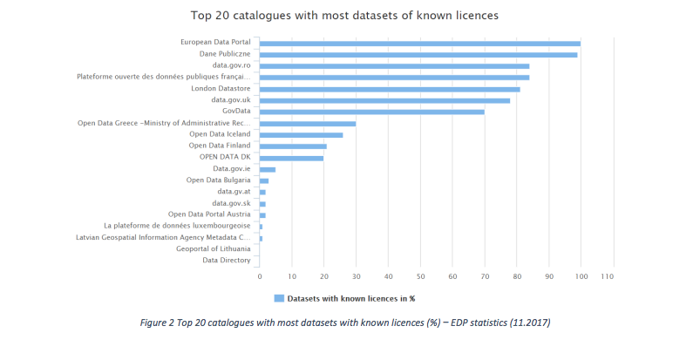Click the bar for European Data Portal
point(419,43)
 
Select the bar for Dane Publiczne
point(418,54)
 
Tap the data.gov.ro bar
point(394,65)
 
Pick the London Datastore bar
point(390,89)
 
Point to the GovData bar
point(371,112)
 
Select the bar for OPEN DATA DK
point(291,158)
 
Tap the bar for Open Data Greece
point(307,123)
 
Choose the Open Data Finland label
point(220,146)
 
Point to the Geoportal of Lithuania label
point(214,248)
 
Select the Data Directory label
point(227,260)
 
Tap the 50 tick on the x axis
point(420,276)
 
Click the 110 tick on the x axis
point(608,276)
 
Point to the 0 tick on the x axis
point(260,276)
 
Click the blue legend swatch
point(279,298)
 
